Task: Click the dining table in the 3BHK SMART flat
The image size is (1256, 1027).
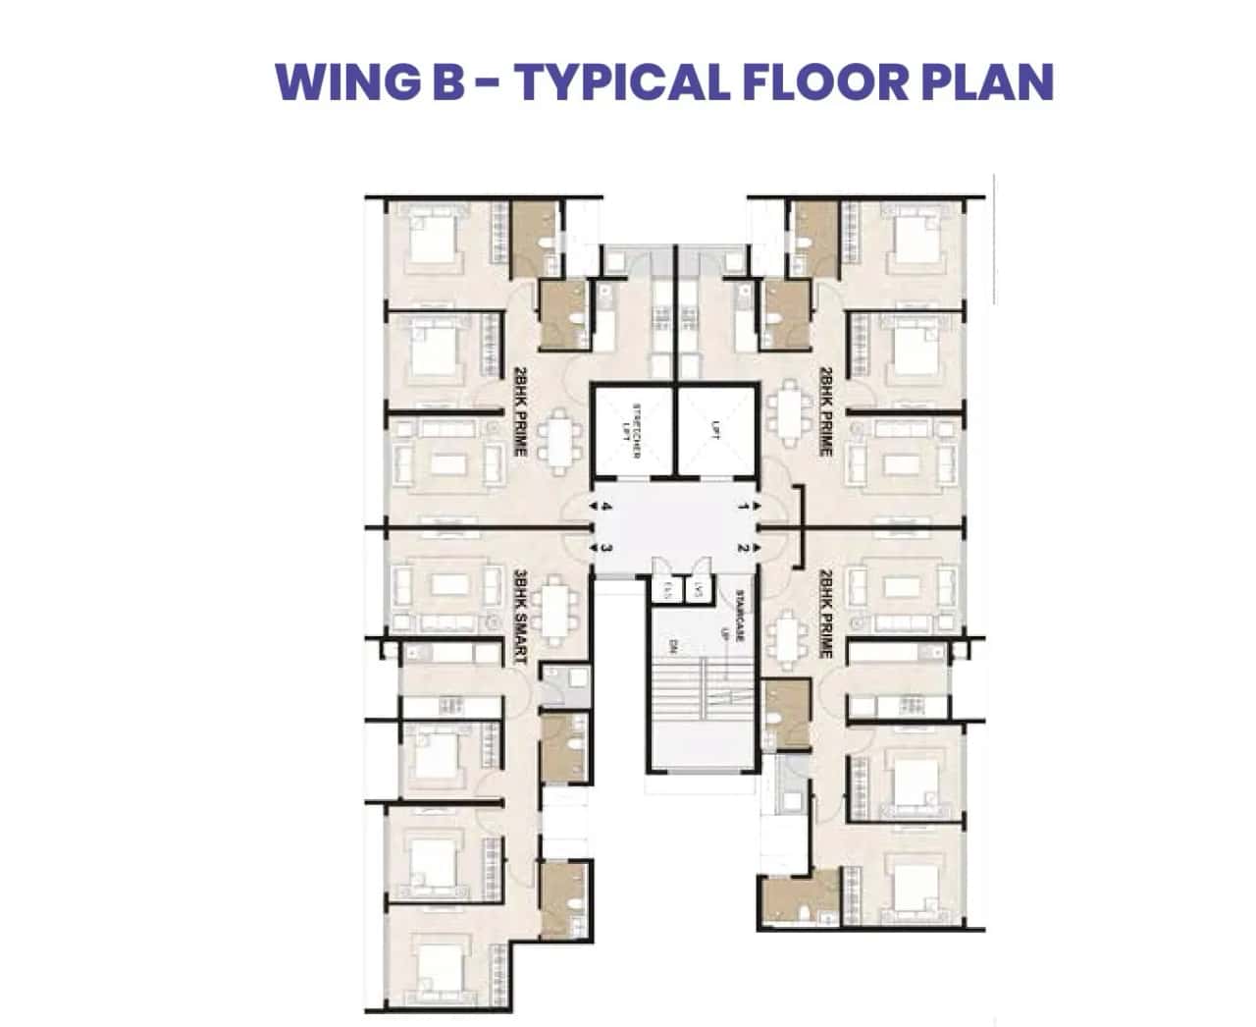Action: pyautogui.click(x=556, y=612)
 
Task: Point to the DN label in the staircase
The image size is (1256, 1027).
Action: pyautogui.click(x=674, y=645)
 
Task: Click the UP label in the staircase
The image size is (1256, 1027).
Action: pyautogui.click(x=726, y=635)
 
